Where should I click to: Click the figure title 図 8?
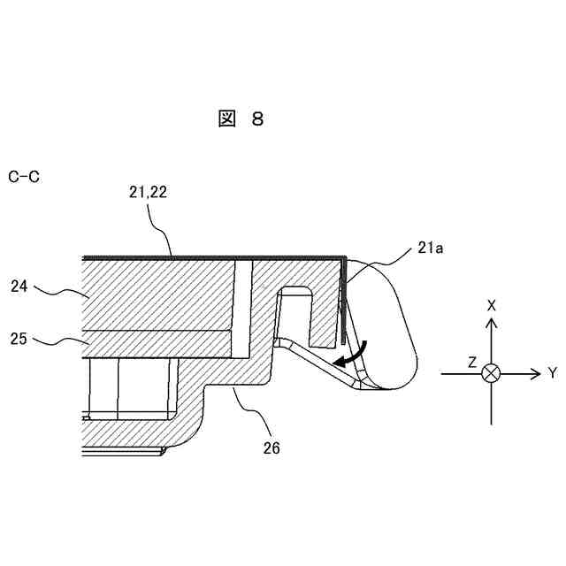241,119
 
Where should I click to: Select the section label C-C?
24,178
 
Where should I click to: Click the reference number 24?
21,287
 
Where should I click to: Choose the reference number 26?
271,448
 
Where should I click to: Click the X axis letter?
491,305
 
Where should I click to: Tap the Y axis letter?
552,374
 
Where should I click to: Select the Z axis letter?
472,363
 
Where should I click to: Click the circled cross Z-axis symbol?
491,374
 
